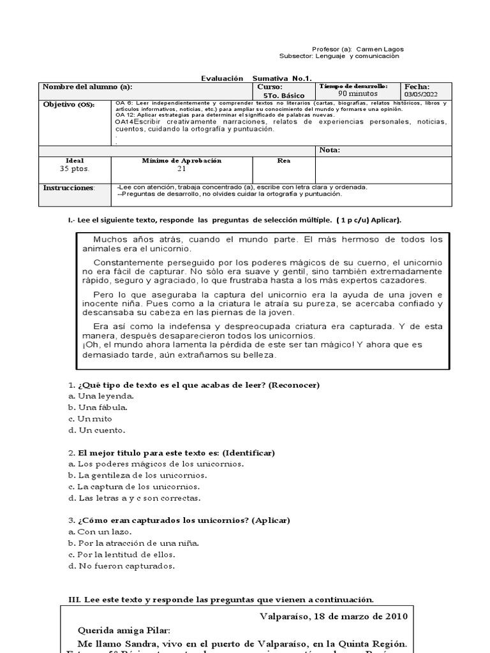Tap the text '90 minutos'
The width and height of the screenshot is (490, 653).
(x=357, y=94)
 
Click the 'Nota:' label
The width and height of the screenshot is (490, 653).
(x=330, y=150)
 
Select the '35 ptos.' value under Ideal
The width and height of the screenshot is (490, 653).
(x=75, y=169)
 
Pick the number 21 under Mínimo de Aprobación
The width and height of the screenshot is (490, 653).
(x=181, y=169)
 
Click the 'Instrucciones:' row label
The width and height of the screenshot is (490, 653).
(x=68, y=188)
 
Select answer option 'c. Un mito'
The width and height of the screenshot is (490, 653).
(x=90, y=419)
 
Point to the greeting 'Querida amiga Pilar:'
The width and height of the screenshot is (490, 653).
(x=124, y=629)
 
